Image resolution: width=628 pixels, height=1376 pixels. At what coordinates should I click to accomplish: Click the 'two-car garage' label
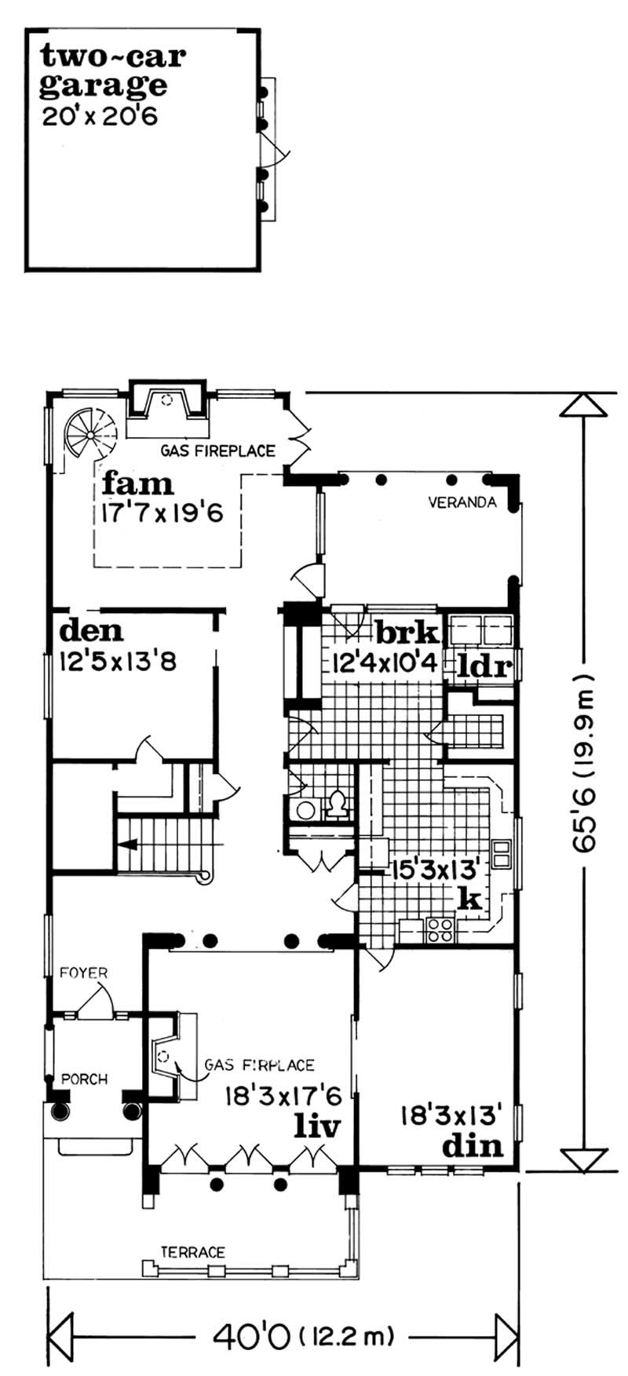click(x=114, y=70)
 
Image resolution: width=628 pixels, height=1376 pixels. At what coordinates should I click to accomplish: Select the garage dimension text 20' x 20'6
click(x=102, y=116)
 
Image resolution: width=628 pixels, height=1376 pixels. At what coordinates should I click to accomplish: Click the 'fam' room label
click(x=137, y=483)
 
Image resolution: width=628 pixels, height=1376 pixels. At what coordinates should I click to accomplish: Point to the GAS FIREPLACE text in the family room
click(x=217, y=451)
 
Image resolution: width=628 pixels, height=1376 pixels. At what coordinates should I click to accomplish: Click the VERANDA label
click(x=462, y=502)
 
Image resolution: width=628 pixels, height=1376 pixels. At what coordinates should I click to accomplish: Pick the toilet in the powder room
click(x=338, y=804)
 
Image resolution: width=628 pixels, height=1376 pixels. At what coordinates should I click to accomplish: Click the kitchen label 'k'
click(x=469, y=899)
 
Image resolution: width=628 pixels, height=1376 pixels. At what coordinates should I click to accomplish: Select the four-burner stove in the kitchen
click(x=440, y=929)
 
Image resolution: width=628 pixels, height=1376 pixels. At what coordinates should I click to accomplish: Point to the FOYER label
click(x=84, y=973)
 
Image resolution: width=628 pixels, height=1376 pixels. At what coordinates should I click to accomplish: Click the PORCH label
click(x=84, y=1079)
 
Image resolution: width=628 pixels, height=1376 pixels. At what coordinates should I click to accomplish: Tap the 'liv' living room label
click(x=317, y=1126)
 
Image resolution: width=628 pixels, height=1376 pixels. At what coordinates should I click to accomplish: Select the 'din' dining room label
click(x=472, y=1146)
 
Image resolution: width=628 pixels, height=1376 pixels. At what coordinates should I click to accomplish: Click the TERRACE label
click(x=193, y=1253)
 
